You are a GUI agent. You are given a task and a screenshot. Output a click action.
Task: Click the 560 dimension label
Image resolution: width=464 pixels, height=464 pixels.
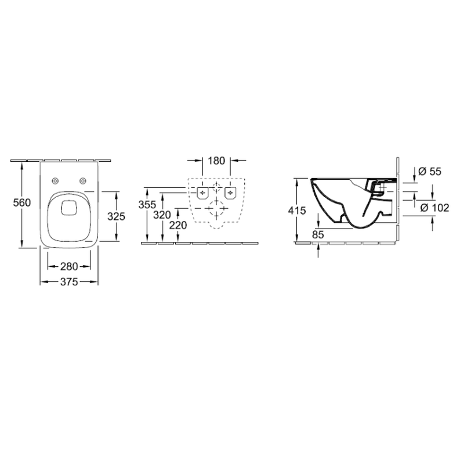click(22, 202)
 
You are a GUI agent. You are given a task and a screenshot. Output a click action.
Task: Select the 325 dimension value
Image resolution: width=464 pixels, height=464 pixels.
click(117, 216)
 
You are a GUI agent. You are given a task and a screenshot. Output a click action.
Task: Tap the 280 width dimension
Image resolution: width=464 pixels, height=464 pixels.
click(69, 267)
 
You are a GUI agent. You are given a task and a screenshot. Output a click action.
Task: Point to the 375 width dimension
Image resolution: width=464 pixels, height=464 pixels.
click(69, 282)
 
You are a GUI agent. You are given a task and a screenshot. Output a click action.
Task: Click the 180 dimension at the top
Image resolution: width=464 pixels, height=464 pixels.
click(216, 161)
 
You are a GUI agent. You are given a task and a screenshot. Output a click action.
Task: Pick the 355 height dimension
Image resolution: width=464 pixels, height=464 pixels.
click(147, 205)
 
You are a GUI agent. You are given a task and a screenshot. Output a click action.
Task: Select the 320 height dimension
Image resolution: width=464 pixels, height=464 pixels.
click(162, 215)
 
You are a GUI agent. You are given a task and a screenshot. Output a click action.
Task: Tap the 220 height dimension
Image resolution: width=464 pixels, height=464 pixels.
click(178, 225)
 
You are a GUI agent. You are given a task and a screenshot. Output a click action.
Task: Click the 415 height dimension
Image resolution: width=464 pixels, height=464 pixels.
click(297, 211)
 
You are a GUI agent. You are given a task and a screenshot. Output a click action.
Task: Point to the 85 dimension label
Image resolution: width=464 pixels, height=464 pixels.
click(318, 235)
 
